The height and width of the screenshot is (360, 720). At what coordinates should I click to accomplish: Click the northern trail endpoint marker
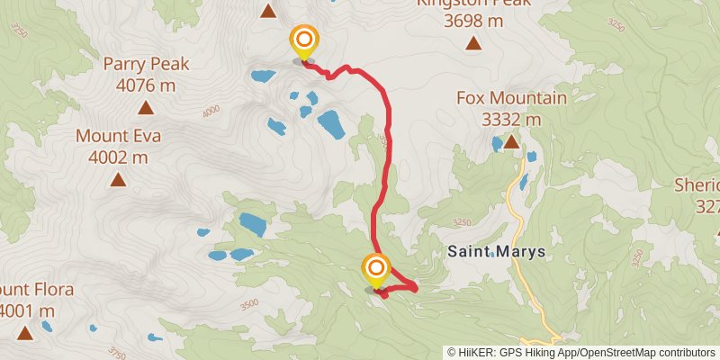[x=304, y=40]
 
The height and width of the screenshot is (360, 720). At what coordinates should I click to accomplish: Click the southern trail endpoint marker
[x=375, y=268]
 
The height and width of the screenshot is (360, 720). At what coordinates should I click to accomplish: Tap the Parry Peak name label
[x=145, y=64]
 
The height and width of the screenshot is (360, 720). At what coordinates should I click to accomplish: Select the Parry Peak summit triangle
[x=145, y=108]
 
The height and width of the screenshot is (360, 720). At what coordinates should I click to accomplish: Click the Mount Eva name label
[x=118, y=137]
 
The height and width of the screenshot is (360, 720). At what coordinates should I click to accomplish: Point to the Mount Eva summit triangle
[x=118, y=179]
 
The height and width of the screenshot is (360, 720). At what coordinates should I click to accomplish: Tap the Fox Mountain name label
[x=511, y=98]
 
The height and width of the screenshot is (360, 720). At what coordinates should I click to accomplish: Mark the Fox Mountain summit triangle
[x=511, y=141]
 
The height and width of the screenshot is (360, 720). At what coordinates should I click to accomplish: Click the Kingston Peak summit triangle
[x=472, y=42]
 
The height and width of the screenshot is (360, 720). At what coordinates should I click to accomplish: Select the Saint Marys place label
[x=496, y=253]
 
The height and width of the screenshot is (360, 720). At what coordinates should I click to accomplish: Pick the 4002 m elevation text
[x=118, y=157]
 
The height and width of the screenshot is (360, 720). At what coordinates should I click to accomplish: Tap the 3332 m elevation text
[x=511, y=119]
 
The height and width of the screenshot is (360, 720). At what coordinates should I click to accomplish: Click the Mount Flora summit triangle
[x=24, y=333]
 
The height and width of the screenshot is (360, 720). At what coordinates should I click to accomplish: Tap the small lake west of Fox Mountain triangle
[x=497, y=142]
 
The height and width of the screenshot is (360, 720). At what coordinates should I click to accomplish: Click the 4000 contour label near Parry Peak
[x=211, y=112]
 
